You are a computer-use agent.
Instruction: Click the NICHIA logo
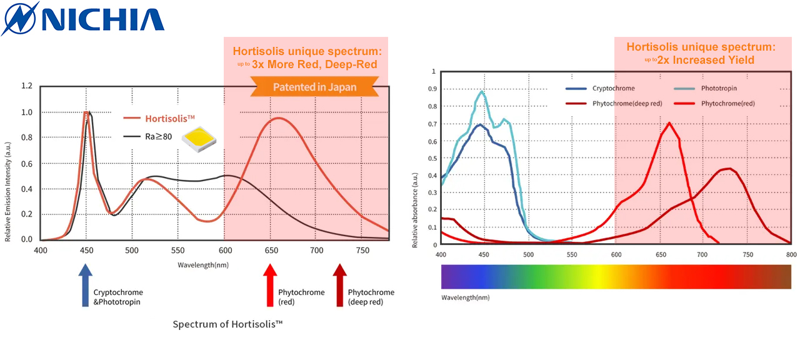tap(83, 19)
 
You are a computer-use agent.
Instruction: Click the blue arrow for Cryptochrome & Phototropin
tap(86, 285)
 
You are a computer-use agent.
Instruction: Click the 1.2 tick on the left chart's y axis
tap(27, 86)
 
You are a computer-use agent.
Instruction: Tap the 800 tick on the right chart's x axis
tap(791, 254)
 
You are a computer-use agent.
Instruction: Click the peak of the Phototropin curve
tap(481, 92)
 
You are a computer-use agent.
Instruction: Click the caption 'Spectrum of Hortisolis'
tap(228, 324)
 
